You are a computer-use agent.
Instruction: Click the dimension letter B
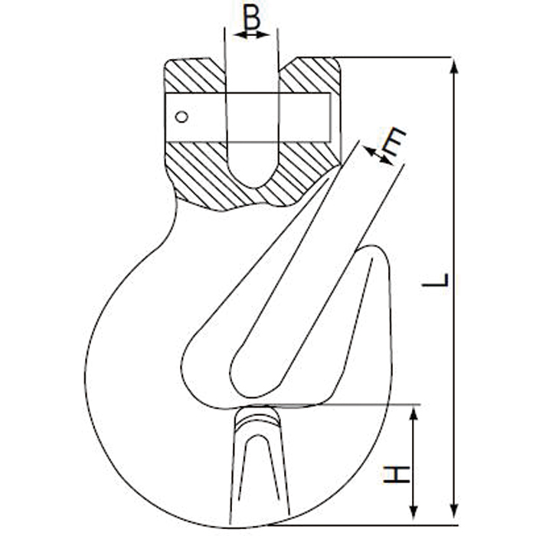[252, 17]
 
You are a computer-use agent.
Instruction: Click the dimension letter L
[435, 279]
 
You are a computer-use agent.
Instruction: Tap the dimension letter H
[396, 474]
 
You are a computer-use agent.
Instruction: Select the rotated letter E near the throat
[394, 141]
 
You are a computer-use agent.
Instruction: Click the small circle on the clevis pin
[181, 117]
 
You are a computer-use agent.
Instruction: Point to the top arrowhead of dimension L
[454, 67]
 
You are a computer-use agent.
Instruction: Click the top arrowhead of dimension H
[414, 413]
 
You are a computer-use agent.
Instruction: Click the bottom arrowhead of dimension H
[414, 511]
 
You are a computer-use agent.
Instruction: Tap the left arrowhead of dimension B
[240, 34]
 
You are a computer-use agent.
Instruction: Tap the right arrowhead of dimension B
[263, 34]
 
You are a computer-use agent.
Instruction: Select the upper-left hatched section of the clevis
[194, 74]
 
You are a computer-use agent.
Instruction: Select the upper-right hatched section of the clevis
[309, 74]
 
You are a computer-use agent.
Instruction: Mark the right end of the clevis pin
[330, 117]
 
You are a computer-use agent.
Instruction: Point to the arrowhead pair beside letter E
[377, 155]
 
